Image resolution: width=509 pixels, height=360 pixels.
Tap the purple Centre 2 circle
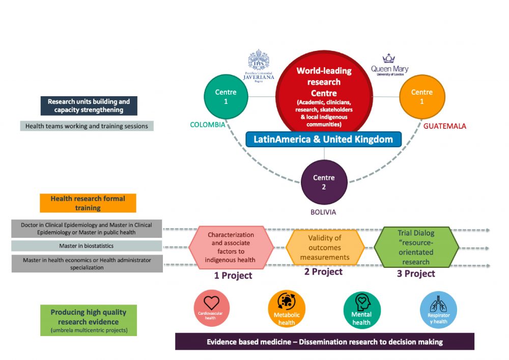[324, 182]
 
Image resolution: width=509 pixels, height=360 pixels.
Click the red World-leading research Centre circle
[324, 94]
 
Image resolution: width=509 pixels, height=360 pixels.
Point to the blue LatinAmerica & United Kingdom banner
[323, 139]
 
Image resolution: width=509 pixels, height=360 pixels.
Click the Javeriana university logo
[259, 66]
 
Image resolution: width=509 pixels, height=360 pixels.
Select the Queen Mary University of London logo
[389, 65]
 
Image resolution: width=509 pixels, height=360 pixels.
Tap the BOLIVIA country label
[323, 212]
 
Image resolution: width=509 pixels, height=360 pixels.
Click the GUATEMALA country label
[444, 126]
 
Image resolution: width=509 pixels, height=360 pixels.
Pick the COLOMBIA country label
[207, 125]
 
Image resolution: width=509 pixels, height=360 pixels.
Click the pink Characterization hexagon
[231, 247]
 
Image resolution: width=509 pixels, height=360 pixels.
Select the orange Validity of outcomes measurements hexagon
[325, 247]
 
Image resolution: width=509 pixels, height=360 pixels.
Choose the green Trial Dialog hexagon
[416, 247]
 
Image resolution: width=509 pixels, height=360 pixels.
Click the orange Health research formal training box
[88, 203]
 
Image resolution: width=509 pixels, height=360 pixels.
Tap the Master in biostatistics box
[87, 246]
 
